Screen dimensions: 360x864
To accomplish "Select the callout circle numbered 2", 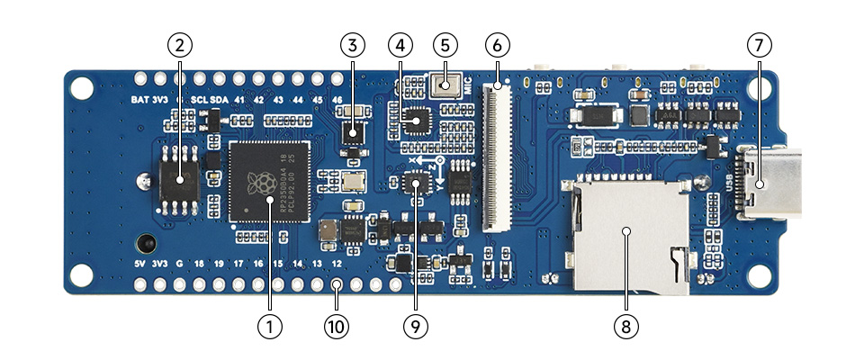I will pos(180,43).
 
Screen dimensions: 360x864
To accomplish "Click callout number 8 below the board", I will pos(626,326).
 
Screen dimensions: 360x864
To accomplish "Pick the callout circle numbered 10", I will pos(337,326).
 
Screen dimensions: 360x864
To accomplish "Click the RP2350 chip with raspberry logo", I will pos(267,182).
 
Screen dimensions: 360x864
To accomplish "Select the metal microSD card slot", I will pos(626,236).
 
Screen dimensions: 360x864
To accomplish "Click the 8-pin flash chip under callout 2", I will pos(181,182).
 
